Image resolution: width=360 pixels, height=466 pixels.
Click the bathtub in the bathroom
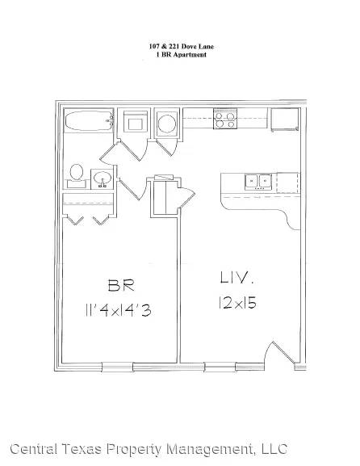coord(89,120)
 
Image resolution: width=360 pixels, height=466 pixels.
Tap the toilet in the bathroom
coord(77,176)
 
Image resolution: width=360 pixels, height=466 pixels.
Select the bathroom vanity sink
coord(103,179)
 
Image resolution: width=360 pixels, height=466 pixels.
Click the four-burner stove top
coord(225,119)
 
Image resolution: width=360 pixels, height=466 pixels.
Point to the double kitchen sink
coord(258,182)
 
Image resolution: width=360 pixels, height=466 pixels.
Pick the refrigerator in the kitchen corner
coord(285,120)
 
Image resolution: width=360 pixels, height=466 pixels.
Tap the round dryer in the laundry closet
coord(167,123)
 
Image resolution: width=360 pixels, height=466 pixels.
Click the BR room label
coord(121,285)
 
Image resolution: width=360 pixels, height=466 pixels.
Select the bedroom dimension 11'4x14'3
coord(118,310)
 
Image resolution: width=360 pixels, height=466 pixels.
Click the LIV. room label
coord(237,278)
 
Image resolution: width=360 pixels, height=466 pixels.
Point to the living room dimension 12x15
coord(237,303)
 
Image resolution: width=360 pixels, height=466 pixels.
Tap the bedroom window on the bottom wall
coord(117,367)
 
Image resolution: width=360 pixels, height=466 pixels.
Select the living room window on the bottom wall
coord(220,367)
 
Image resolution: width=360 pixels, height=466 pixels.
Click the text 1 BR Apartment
coord(181,55)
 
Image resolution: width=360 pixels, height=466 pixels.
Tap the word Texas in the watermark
coord(81,449)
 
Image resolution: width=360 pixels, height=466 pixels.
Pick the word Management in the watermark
coord(210,450)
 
